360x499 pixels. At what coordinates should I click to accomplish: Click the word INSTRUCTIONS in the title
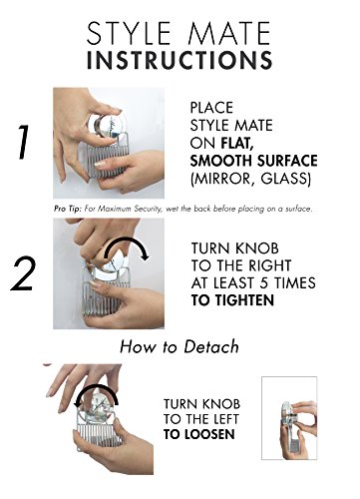[180, 60]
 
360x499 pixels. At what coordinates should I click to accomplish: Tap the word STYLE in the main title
[129, 33]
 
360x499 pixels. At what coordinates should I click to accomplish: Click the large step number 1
[23, 143]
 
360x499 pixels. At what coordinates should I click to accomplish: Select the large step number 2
[23, 274]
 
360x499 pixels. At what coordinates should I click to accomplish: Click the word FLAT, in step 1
[235, 143]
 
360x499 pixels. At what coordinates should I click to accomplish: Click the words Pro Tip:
[68, 209]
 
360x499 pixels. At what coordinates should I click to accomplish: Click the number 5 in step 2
[264, 283]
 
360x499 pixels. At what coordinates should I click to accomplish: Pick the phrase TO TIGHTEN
[232, 300]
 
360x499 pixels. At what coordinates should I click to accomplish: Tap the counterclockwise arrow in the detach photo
[97, 388]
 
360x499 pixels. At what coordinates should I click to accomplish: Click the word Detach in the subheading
[211, 346]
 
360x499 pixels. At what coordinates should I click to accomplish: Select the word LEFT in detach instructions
[225, 419]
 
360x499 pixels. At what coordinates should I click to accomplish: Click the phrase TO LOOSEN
[198, 434]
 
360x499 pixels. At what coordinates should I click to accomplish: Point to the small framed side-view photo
[289, 418]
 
